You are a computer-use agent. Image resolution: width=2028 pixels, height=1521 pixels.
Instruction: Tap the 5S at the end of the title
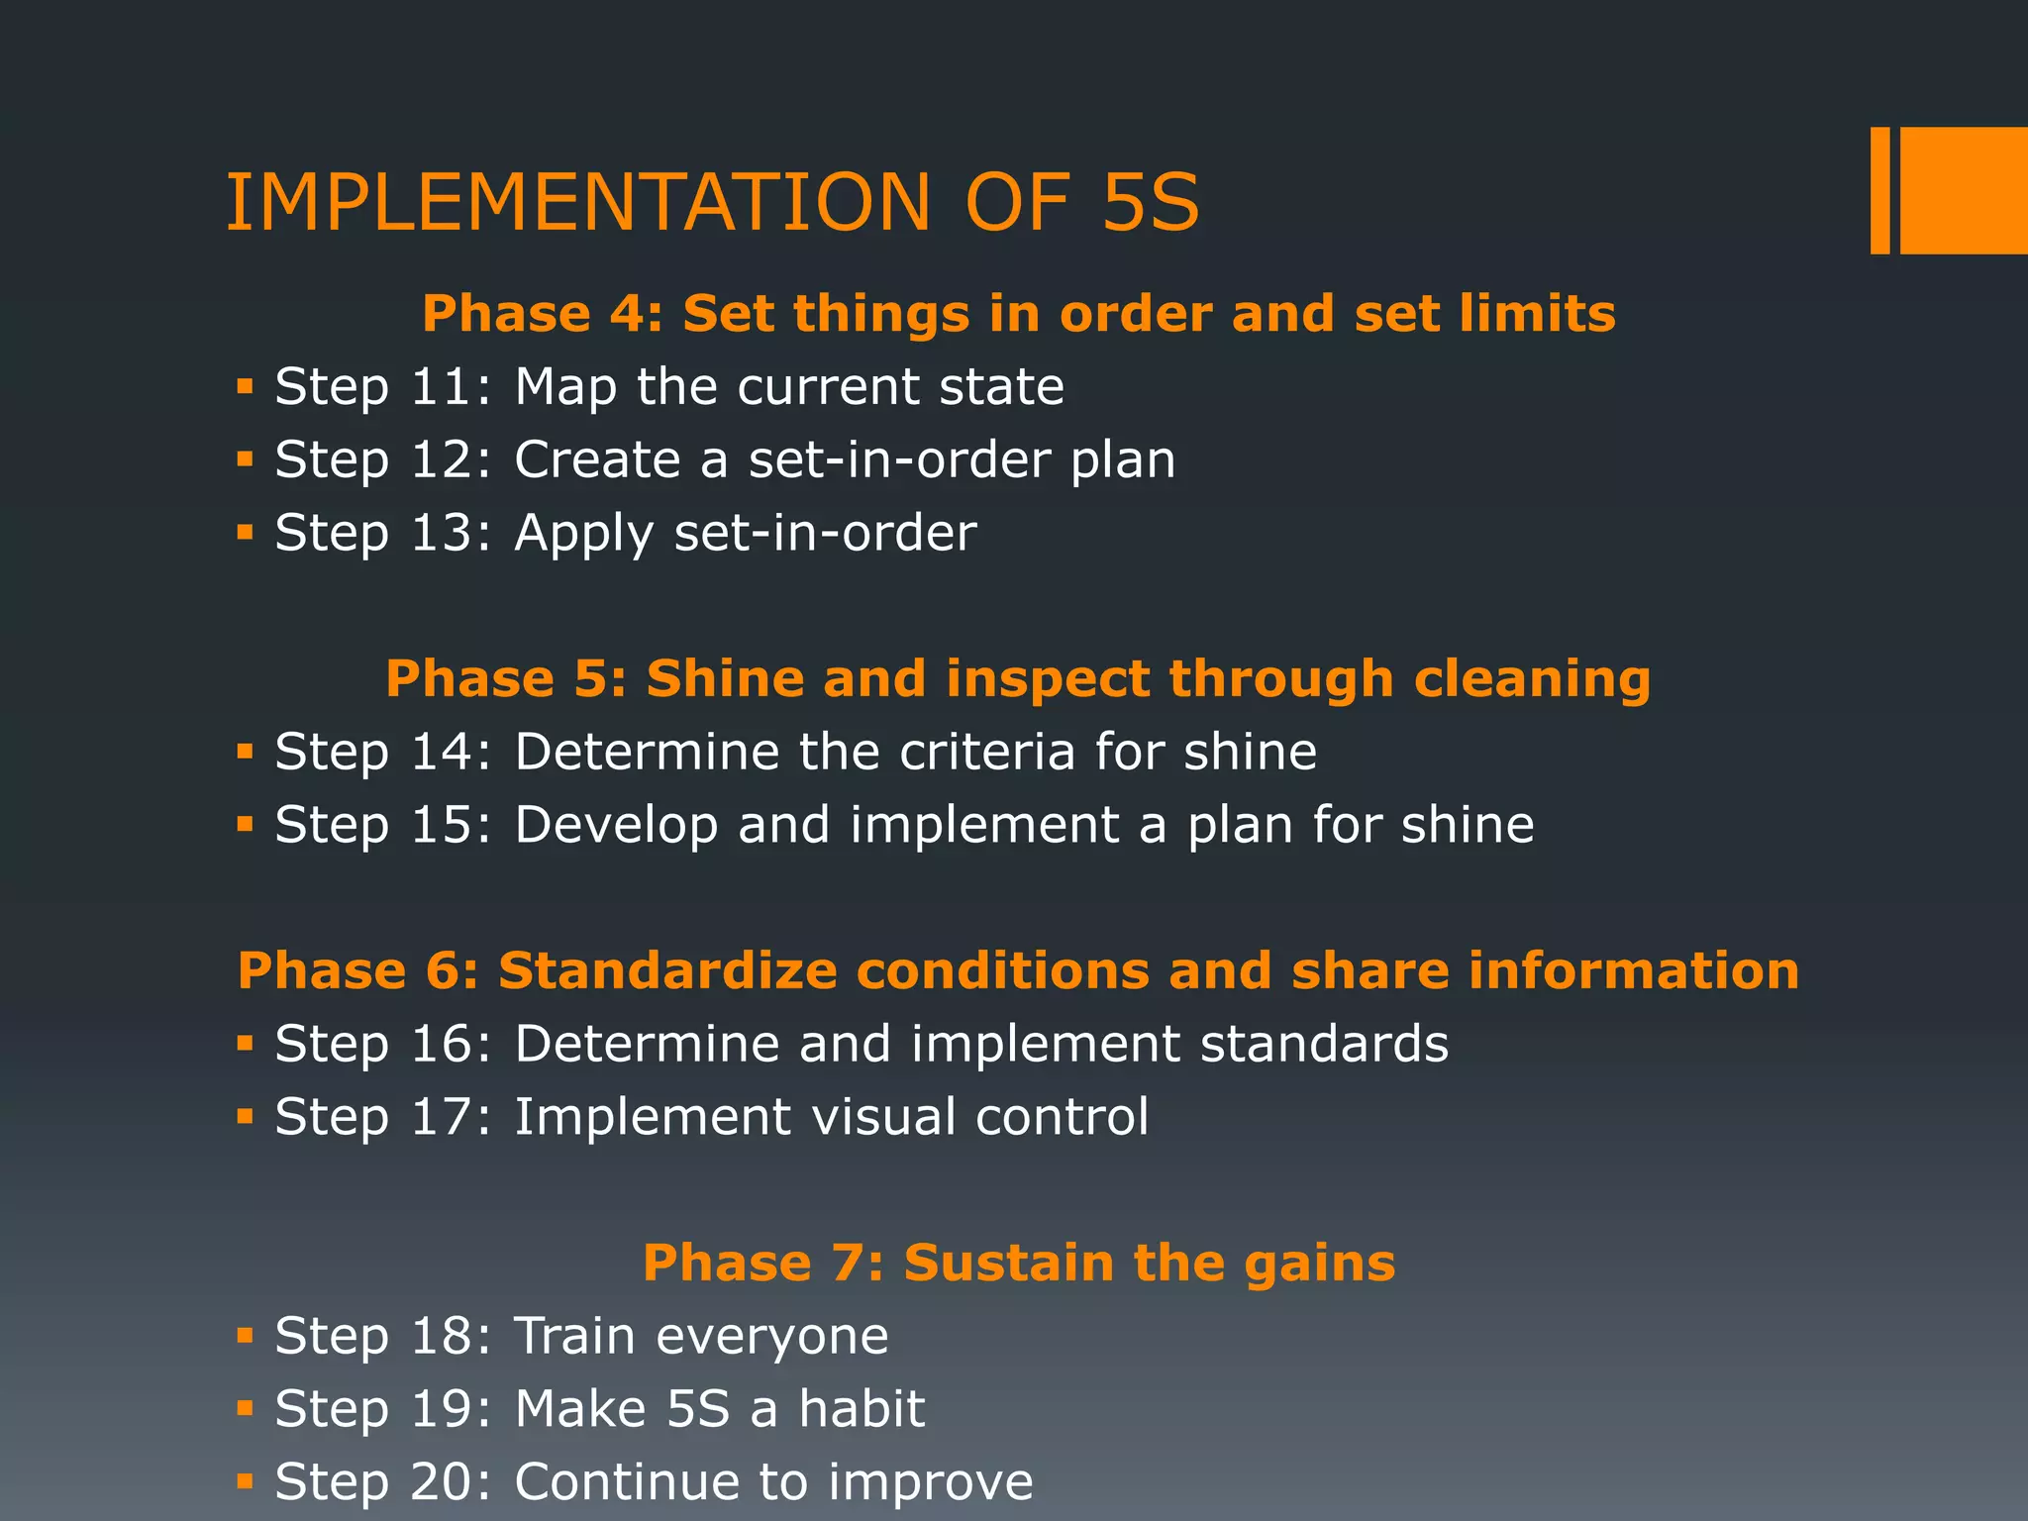click(1150, 203)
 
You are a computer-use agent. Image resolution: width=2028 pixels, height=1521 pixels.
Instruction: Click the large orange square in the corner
click(1964, 190)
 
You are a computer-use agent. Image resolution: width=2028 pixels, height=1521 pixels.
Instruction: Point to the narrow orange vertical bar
click(1879, 190)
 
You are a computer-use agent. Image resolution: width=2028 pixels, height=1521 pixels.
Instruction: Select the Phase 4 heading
click(1018, 314)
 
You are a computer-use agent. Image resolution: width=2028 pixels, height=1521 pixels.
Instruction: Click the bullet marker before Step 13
click(246, 533)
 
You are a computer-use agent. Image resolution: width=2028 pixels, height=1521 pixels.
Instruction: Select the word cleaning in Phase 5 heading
click(1532, 679)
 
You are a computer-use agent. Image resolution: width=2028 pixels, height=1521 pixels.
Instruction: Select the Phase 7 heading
click(1018, 1263)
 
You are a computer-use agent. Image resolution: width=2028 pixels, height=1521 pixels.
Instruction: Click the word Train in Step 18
click(574, 1336)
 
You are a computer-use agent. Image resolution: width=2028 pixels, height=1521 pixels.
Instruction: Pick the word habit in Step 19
click(862, 1408)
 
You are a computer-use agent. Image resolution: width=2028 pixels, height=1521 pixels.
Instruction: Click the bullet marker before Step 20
click(246, 1481)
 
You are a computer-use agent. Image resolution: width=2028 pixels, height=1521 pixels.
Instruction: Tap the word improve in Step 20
click(930, 1482)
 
